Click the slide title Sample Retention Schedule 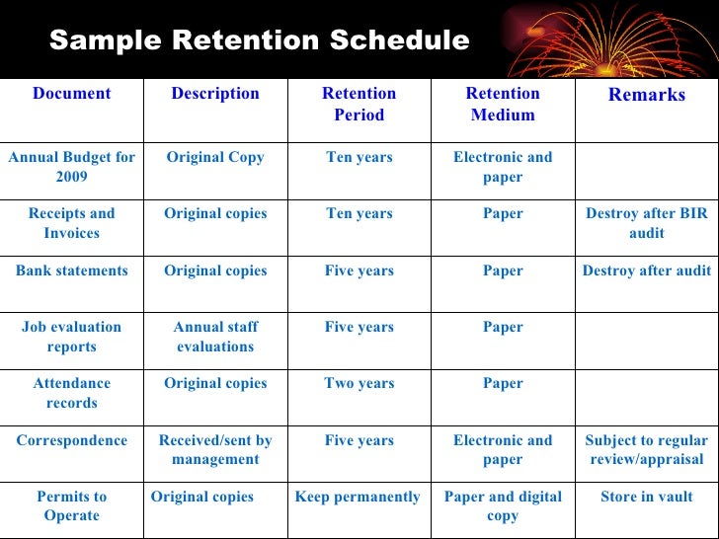tap(259, 40)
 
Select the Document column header tap(72, 94)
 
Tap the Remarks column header tap(646, 95)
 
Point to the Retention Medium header tap(503, 104)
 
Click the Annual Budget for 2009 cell tap(72, 167)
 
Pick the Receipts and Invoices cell tap(72, 223)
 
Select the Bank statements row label tap(72, 270)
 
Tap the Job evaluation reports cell tap(72, 337)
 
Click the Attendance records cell tap(72, 393)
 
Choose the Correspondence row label tap(72, 440)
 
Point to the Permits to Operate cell tap(72, 506)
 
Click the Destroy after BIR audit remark tap(646, 223)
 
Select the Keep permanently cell tap(358, 497)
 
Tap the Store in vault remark tap(646, 497)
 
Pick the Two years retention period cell tap(359, 383)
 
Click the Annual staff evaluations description tap(215, 337)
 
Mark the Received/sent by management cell tap(215, 450)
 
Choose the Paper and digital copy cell tap(503, 506)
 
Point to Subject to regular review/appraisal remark tap(646, 450)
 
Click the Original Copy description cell tap(215, 157)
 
